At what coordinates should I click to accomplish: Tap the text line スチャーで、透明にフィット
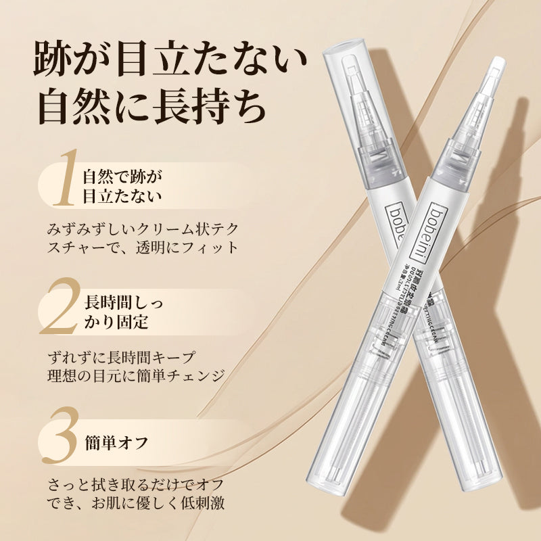pyautogui.click(x=143, y=247)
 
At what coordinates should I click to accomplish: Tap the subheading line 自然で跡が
pyautogui.click(x=122, y=177)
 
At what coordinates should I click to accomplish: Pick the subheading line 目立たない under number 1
pyautogui.click(x=122, y=197)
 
